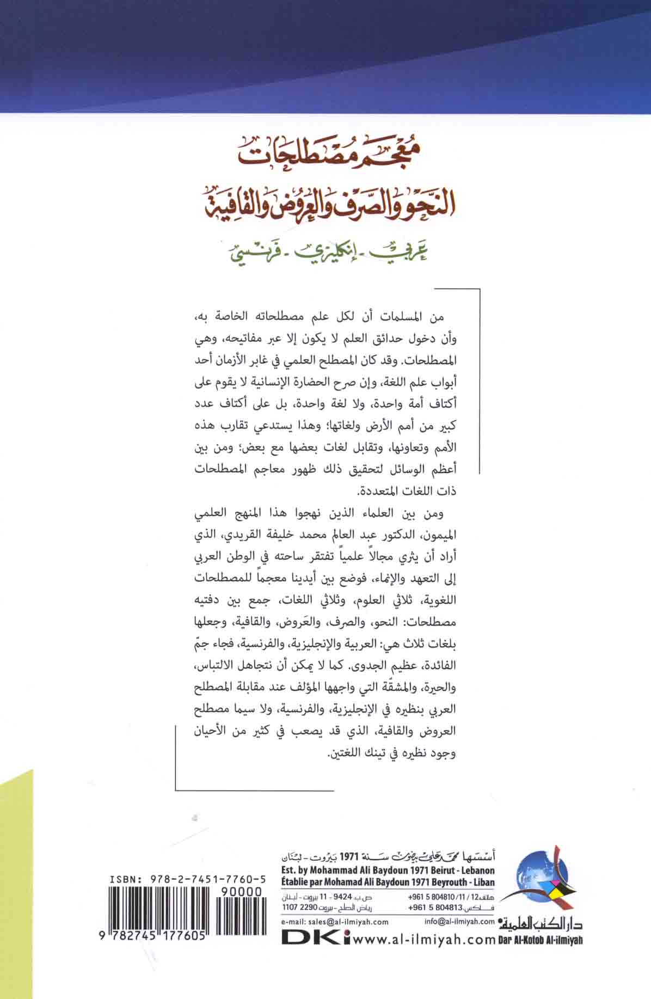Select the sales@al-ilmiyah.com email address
tap(335, 922)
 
